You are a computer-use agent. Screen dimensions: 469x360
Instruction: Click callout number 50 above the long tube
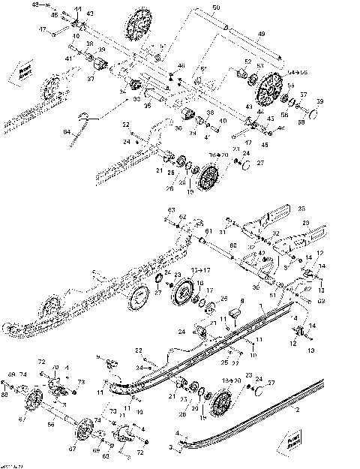pos(215,8)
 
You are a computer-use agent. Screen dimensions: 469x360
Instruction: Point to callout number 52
pos(247,62)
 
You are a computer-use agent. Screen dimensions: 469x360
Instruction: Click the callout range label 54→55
pos(298,71)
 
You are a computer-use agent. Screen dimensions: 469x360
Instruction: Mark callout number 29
pos(305,224)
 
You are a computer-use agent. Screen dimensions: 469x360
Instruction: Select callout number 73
pos(79,382)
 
